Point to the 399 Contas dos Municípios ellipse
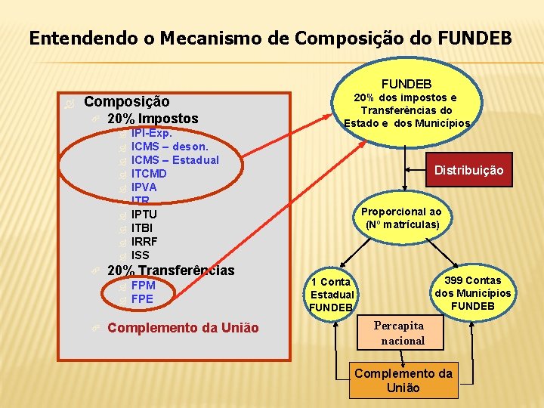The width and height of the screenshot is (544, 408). (472, 293)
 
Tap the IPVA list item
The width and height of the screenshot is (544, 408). (144, 187)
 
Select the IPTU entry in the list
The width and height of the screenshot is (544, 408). (144, 215)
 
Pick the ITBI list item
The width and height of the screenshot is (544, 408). (143, 228)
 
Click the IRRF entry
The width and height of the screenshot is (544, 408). (144, 242)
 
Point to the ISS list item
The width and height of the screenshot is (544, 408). (141, 255)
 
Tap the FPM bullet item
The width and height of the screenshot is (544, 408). (144, 286)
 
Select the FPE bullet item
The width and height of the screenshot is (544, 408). (142, 299)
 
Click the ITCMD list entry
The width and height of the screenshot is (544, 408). (149, 174)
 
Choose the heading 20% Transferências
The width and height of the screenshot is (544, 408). (171, 270)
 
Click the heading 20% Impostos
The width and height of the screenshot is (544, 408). (153, 118)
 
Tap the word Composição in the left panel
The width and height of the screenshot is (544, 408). (126, 101)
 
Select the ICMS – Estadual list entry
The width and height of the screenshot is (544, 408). (175, 160)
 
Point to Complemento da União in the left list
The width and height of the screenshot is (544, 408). (183, 328)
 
